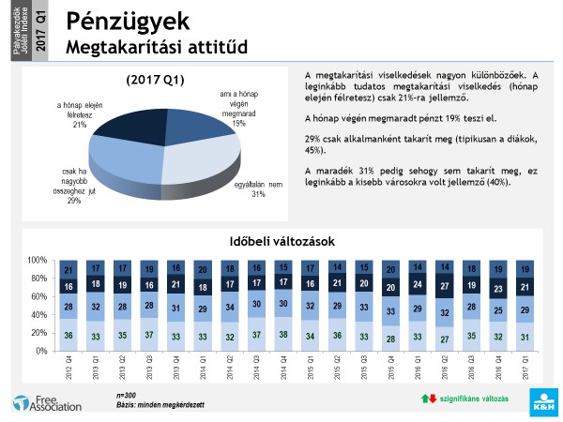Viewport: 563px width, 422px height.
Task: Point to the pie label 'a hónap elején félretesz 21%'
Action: pos(79,114)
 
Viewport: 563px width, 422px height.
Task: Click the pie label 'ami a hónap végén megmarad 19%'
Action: pos(238,108)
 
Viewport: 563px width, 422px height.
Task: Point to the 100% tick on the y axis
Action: pos(38,260)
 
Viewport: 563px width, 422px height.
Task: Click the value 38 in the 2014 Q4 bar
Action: pos(282,333)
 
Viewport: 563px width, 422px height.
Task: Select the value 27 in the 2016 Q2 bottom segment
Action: pos(444,339)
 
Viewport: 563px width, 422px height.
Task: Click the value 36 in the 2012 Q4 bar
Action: pos(67,334)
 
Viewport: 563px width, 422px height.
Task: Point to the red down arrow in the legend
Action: pos(433,399)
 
